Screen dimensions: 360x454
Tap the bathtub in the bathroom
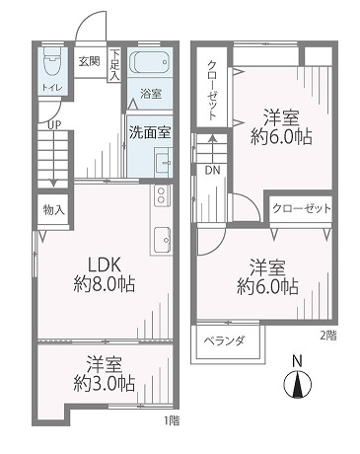coord(150,62)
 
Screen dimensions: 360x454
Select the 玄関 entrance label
coord(89,61)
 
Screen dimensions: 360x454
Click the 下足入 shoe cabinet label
coord(114,65)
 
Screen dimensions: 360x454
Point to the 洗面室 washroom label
coord(150,132)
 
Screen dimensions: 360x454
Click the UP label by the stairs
coord(54,125)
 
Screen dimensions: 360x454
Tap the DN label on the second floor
coord(212,170)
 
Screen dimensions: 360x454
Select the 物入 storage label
coord(53,210)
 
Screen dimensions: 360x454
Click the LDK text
coord(105,265)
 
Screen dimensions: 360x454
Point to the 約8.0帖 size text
coord(105,284)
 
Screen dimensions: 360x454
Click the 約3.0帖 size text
coord(105,384)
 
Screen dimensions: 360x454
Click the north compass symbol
coord(297,384)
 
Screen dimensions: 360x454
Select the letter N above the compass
coord(297,361)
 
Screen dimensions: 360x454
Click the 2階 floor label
coord(328,336)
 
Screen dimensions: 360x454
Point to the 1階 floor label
coord(172,420)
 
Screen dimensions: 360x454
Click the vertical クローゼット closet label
coord(212,91)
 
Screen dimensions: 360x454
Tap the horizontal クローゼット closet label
coord(302,208)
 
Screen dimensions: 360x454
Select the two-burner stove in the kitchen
coord(161,195)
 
